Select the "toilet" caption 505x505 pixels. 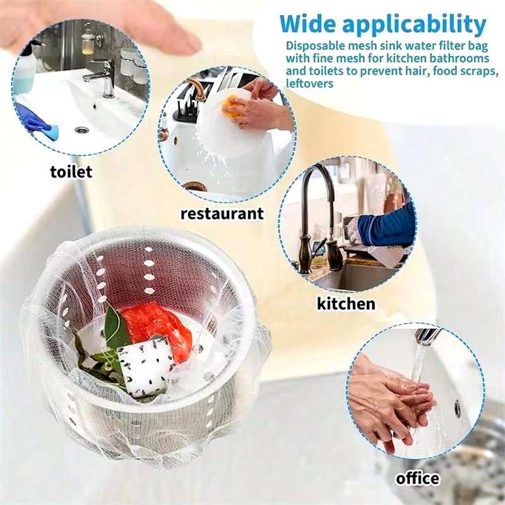coord(71,171)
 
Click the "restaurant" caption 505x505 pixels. coord(222,213)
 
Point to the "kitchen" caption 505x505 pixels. coord(346,303)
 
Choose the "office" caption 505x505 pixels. coord(417,478)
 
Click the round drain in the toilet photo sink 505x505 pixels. coord(81,130)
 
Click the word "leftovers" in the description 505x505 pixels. coord(309,83)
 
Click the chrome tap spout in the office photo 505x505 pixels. coord(427,336)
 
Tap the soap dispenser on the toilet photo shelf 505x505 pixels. coord(88,41)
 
